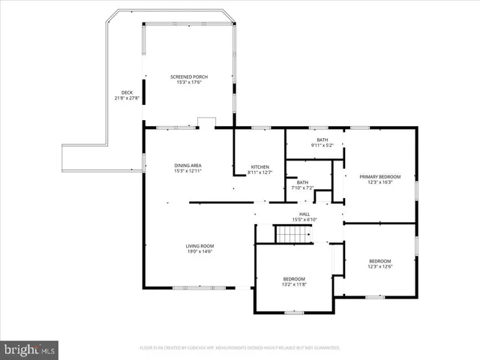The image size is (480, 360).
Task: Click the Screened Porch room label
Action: (x=189, y=77)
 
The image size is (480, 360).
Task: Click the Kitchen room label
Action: (x=259, y=166)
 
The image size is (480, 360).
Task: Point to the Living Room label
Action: (x=200, y=246)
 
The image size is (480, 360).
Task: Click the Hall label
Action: (x=304, y=214)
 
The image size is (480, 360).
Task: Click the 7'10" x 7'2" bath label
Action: (x=302, y=187)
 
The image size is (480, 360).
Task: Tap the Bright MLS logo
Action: (x=30, y=349)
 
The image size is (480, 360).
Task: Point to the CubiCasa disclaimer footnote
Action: (x=240, y=348)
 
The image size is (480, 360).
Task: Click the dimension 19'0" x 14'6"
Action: (x=200, y=251)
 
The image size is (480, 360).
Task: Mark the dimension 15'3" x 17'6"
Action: (x=189, y=82)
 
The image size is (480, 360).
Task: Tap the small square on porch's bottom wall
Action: (x=206, y=122)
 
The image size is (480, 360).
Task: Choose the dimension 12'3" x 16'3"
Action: (x=379, y=182)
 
